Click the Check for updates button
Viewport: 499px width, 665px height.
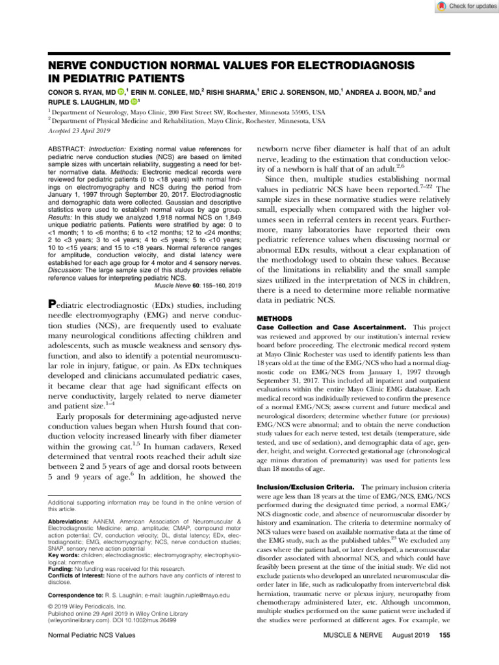(463, 6)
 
